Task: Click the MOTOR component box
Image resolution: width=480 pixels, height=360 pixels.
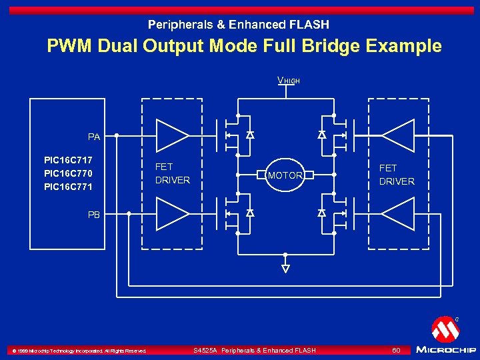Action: pyautogui.click(x=285, y=175)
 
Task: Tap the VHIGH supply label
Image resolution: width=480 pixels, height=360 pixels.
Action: pyautogui.click(x=288, y=81)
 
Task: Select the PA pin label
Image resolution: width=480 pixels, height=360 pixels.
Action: pyautogui.click(x=94, y=137)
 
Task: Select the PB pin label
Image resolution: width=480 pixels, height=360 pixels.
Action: pyautogui.click(x=94, y=215)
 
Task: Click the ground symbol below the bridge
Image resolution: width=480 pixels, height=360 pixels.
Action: pyautogui.click(x=285, y=269)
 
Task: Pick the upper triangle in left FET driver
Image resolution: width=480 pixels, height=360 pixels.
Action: pyautogui.click(x=171, y=135)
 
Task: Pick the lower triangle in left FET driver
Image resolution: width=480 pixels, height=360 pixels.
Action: pyautogui.click(x=171, y=214)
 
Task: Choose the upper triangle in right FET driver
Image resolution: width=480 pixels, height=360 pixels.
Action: pyautogui.click(x=399, y=135)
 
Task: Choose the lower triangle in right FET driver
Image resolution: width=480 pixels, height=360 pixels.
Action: pyautogui.click(x=399, y=214)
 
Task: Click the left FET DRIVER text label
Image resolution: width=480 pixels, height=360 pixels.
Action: pyautogui.click(x=172, y=174)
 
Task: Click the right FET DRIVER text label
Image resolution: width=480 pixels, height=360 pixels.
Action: pyautogui.click(x=397, y=175)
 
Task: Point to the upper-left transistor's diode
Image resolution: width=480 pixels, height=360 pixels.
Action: pyautogui.click(x=250, y=135)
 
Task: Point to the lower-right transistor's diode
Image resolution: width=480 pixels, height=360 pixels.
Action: pyautogui.click(x=321, y=213)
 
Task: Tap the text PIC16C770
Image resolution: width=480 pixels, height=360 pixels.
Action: pyautogui.click(x=68, y=173)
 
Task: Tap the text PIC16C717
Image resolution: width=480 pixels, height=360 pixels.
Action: pyautogui.click(x=68, y=160)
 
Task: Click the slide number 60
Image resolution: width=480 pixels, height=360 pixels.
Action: pyautogui.click(x=396, y=350)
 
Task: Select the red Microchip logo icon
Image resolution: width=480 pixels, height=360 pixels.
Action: pyautogui.click(x=445, y=329)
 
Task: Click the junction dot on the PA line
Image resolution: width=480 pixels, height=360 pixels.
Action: pyautogui.click(x=117, y=135)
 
